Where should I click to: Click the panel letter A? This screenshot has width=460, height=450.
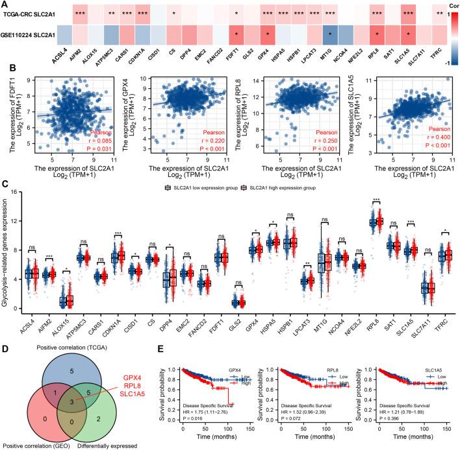(5, 5)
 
